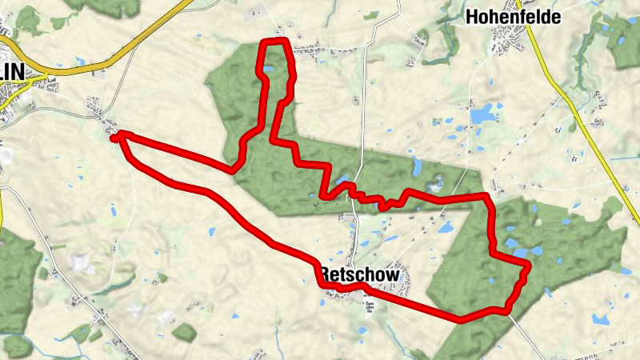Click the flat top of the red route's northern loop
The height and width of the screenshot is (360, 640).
click(x=275, y=41)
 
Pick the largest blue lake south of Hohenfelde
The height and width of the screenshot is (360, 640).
click(x=482, y=115)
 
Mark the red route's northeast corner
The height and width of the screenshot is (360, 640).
click(x=485, y=196)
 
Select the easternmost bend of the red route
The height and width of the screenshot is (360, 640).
click(x=527, y=267)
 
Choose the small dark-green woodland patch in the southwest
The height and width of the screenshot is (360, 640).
click(x=184, y=331)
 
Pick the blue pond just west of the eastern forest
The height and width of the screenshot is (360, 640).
click(x=445, y=227)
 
